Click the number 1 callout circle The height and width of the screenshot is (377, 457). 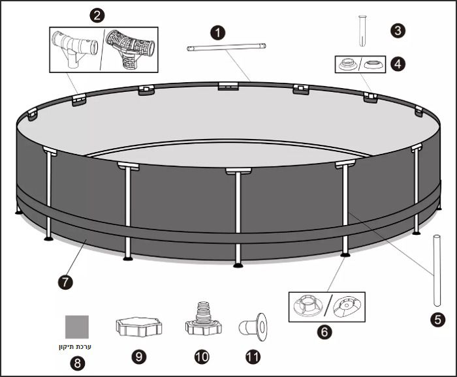pyautogui.click(x=217, y=33)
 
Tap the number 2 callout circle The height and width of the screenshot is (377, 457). pyautogui.click(x=97, y=16)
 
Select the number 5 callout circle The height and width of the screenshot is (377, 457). pyautogui.click(x=438, y=320)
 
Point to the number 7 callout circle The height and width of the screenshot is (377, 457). pyautogui.click(x=65, y=282)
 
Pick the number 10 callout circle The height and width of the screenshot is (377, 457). pyautogui.click(x=202, y=357)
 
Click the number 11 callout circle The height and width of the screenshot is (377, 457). pyautogui.click(x=253, y=357)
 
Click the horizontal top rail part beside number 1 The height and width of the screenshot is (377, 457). pyautogui.click(x=226, y=47)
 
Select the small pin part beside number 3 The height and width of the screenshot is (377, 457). pyautogui.click(x=362, y=31)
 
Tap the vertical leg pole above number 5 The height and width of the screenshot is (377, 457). pyautogui.click(x=437, y=271)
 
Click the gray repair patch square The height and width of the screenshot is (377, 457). pyautogui.click(x=77, y=327)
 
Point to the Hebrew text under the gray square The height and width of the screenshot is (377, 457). pyautogui.click(x=75, y=347)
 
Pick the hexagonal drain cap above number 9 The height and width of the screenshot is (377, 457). pyautogui.click(x=139, y=327)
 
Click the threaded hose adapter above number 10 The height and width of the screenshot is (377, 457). pyautogui.click(x=204, y=319)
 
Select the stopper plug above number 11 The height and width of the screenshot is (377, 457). pyautogui.click(x=253, y=327)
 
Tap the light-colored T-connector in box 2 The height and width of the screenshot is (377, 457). pyautogui.click(x=74, y=48)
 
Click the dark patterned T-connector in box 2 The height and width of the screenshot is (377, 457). pyautogui.click(x=130, y=49)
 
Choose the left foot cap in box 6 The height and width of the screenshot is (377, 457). pyautogui.click(x=308, y=306)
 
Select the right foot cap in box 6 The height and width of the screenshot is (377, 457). pyautogui.click(x=347, y=307)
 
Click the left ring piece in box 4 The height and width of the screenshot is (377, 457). pyautogui.click(x=347, y=64)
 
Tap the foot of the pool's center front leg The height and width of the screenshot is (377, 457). pyautogui.click(x=238, y=265)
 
